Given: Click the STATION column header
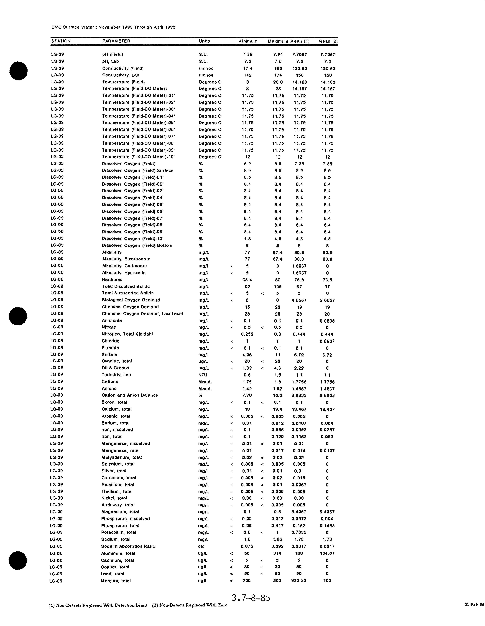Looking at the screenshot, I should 61,41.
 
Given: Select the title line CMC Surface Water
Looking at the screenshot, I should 113,27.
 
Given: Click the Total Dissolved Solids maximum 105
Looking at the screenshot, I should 277,287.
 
